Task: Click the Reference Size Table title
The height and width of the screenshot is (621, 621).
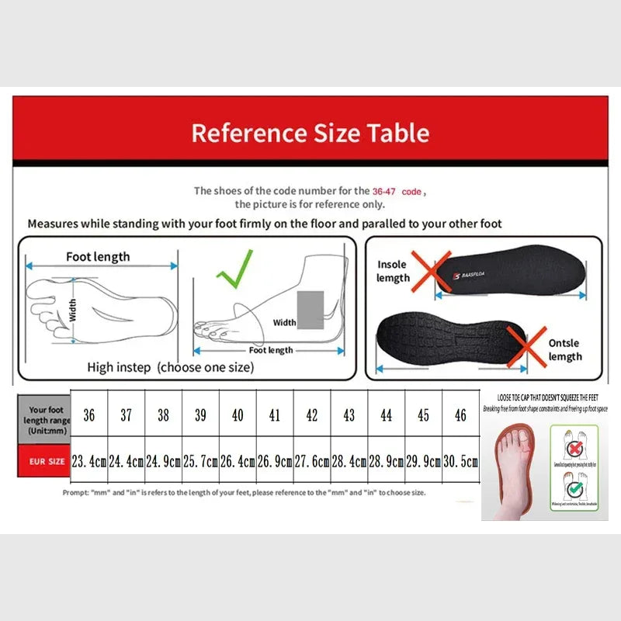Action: tap(310, 133)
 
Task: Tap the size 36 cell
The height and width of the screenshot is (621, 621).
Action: tap(89, 415)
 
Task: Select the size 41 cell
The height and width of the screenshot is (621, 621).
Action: tap(275, 415)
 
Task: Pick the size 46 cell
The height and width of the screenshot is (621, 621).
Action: tap(460, 415)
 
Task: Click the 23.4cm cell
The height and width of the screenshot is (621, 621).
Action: tap(89, 461)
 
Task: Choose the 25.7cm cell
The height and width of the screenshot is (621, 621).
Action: tap(200, 461)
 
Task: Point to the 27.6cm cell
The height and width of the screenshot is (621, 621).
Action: tap(312, 461)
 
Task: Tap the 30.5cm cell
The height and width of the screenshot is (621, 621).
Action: tap(460, 461)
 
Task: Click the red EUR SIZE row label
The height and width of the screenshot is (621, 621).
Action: tap(47, 461)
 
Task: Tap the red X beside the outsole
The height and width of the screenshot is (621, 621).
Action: tap(527, 348)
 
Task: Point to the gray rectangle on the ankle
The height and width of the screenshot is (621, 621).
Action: tap(311, 308)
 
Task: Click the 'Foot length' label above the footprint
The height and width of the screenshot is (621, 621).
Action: tap(98, 257)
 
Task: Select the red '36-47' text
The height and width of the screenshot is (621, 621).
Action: tap(386, 190)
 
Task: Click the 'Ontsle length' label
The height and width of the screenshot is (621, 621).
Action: tap(564, 350)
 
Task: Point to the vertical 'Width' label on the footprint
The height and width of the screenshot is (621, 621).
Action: tap(72, 310)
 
